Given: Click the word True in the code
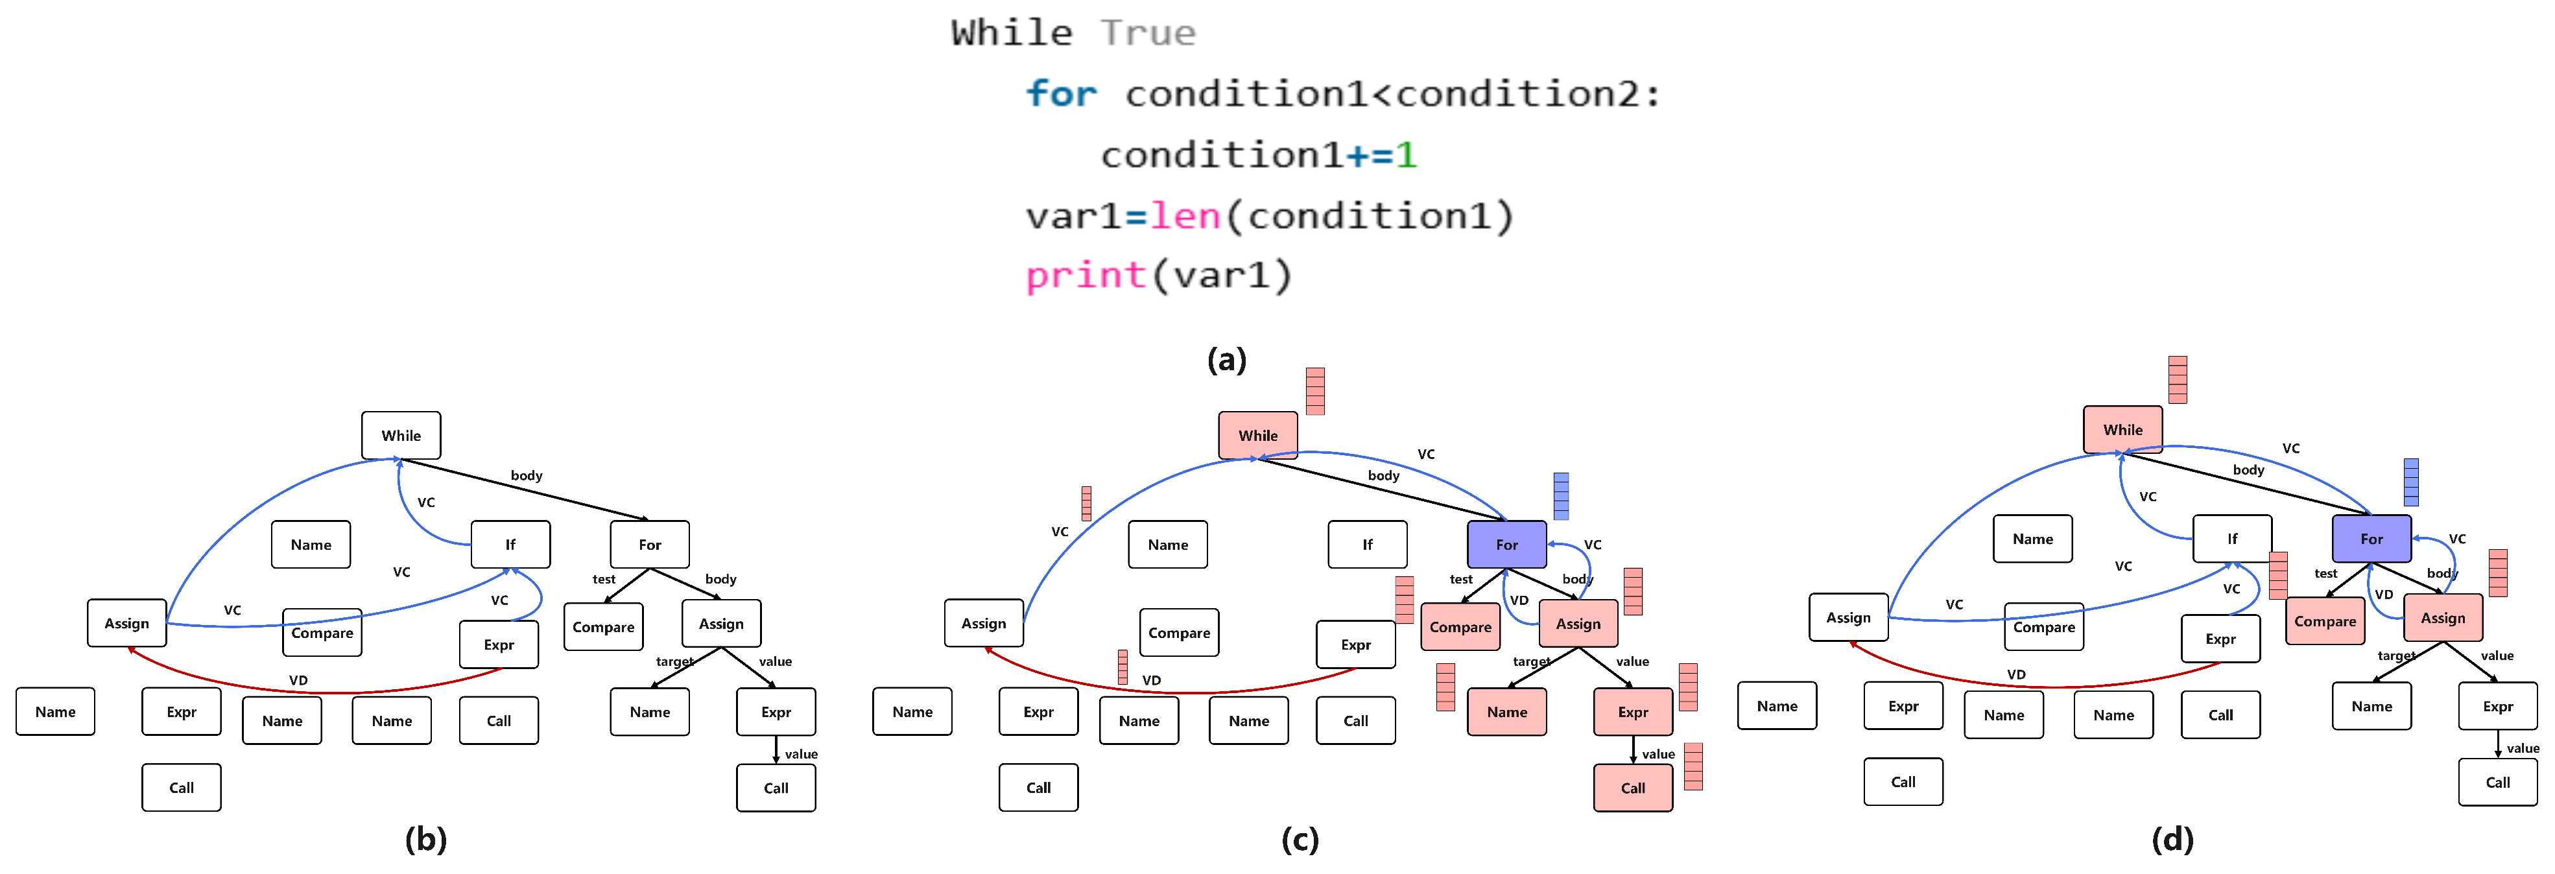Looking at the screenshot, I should (x=1148, y=34).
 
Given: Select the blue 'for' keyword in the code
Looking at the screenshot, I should (x=1062, y=94).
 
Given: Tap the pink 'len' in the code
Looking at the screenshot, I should (x=1185, y=217).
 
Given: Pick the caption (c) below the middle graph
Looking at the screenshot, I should (x=1300, y=840).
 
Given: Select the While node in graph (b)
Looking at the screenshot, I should (x=401, y=436).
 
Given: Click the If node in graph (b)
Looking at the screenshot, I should (x=510, y=545).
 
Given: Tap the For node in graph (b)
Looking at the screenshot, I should (x=650, y=545).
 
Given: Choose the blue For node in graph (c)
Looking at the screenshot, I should (x=1506, y=545).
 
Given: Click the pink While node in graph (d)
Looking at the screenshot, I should (x=2122, y=430).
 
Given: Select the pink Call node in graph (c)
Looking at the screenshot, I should (x=1633, y=788).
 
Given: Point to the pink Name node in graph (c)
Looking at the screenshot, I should (x=1506, y=713).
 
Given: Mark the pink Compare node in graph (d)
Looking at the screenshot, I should (x=2325, y=621).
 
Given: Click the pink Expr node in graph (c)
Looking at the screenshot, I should (x=1633, y=713).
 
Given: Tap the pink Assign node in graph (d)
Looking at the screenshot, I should (x=2442, y=618).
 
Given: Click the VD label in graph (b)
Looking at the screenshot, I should (x=298, y=681).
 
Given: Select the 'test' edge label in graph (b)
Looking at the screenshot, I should (x=603, y=580).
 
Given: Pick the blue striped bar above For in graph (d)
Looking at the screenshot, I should (x=2410, y=482).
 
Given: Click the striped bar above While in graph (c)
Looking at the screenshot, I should (x=1315, y=391).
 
